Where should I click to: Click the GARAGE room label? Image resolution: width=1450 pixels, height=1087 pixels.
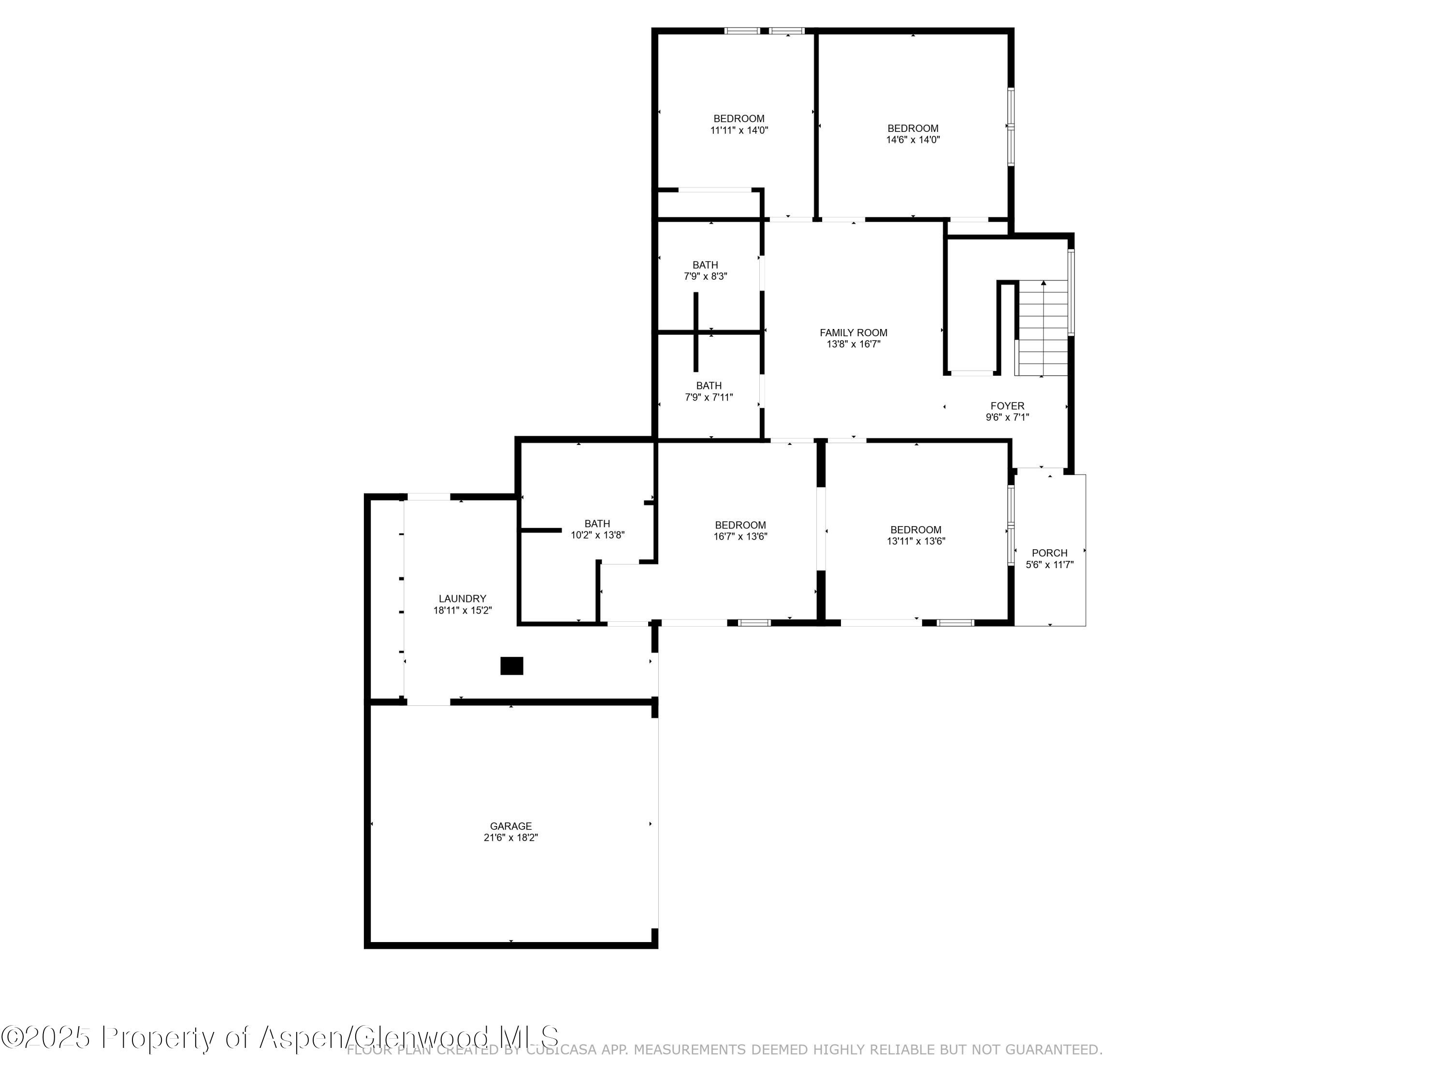point(511,826)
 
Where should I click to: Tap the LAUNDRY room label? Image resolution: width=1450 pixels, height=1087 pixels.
point(462,598)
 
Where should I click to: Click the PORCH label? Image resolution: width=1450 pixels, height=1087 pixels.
point(1049,553)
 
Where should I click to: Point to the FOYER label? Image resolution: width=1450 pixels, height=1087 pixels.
point(1007,406)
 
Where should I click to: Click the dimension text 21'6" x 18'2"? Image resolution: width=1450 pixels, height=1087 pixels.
point(511,837)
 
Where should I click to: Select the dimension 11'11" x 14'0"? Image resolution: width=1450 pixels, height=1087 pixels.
point(739,130)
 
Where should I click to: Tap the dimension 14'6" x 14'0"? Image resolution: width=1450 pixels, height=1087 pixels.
point(913,140)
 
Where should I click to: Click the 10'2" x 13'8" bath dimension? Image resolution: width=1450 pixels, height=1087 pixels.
point(597,535)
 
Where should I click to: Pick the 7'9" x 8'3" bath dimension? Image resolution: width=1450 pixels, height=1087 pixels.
point(705,276)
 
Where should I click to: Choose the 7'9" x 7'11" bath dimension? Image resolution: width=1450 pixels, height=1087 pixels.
point(709,397)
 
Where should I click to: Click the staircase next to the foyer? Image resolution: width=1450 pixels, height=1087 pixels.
point(1042,328)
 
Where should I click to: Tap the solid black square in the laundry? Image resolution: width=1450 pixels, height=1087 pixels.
point(511,666)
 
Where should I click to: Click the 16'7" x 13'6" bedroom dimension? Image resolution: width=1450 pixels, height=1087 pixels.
point(740,536)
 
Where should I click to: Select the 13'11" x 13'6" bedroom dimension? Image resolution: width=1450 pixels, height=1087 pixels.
point(916,541)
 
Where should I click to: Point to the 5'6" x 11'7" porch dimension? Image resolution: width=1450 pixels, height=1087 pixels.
point(1049,565)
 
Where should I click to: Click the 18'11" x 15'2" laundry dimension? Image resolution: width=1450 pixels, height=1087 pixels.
point(462,610)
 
